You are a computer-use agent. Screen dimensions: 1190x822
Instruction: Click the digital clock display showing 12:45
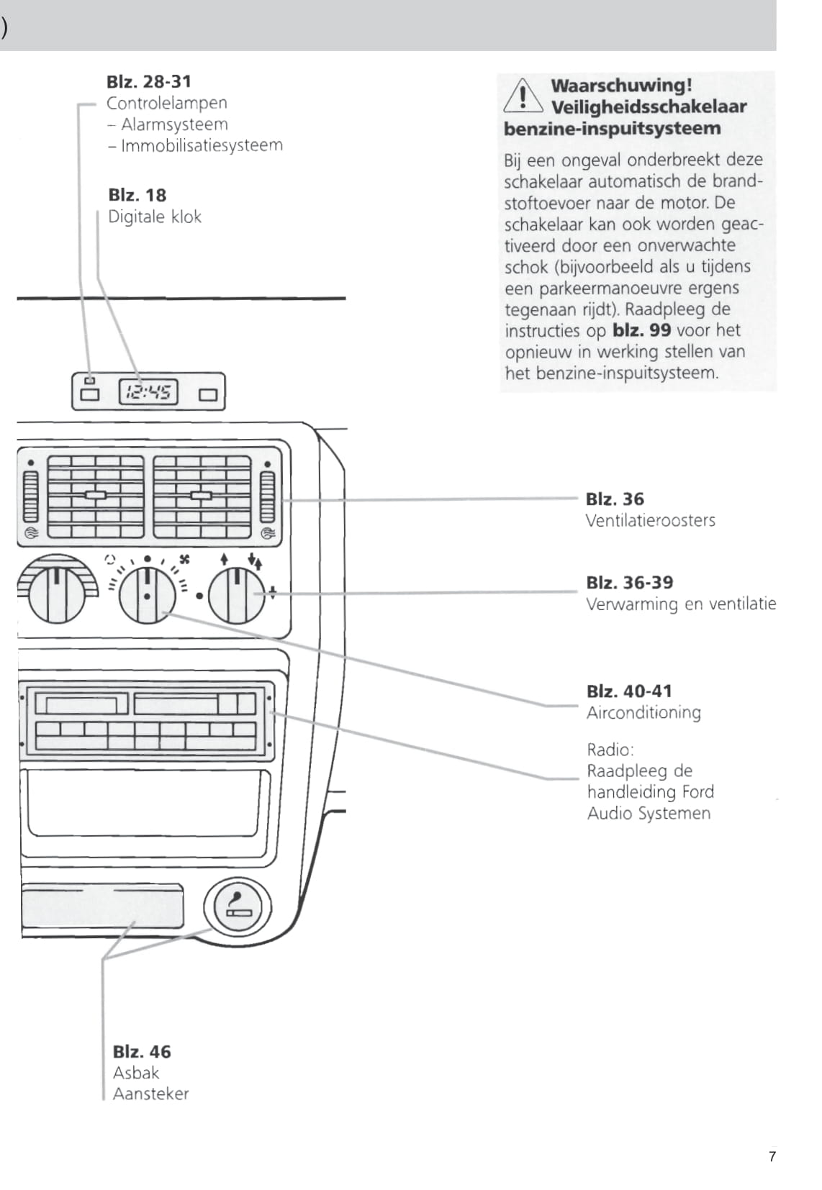tap(148, 392)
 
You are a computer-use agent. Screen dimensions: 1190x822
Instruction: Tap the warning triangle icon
tap(523, 96)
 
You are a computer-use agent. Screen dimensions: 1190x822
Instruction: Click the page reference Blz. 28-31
tap(149, 81)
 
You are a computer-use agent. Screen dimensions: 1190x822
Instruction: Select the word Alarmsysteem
tap(174, 124)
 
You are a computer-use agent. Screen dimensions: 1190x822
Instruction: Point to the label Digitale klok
tap(155, 217)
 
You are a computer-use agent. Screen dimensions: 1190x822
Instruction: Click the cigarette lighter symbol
tap(238, 907)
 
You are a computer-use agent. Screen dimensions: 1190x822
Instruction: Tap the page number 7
tap(772, 1157)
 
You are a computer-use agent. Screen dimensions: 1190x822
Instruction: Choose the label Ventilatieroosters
tap(650, 520)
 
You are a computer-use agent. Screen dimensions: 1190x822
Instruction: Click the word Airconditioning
tap(643, 712)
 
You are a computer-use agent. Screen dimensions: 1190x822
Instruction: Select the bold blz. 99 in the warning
tap(641, 330)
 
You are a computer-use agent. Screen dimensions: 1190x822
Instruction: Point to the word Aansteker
tap(150, 1094)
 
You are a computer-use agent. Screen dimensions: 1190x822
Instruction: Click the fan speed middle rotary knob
tap(147, 595)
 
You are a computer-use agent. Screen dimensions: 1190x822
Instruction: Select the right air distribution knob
tap(236, 594)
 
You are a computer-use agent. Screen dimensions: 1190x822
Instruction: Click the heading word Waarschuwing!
tap(621, 85)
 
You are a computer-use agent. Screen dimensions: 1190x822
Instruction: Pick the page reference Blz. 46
tap(142, 1052)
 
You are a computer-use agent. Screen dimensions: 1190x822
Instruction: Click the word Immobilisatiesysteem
tap(202, 145)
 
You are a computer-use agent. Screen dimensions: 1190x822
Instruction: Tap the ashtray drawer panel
tap(102, 906)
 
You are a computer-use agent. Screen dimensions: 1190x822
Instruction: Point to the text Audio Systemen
tap(649, 813)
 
